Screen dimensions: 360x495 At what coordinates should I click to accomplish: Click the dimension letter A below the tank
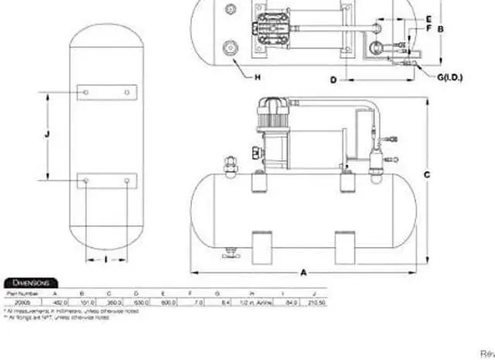tap(303, 273)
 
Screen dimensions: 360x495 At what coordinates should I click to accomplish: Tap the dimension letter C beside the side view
tap(426, 175)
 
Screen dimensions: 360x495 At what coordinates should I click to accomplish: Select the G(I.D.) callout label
tap(449, 78)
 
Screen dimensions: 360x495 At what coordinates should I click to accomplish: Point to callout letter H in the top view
tap(257, 76)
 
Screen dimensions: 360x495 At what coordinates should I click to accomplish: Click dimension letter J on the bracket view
tap(47, 135)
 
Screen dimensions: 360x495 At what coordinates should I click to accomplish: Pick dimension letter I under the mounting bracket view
tap(105, 259)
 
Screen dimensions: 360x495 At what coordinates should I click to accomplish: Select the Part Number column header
tap(21, 293)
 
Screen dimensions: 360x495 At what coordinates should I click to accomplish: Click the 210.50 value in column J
tap(316, 302)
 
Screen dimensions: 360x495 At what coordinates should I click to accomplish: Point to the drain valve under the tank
tap(228, 255)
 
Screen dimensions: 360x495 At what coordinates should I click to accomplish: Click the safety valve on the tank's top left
tap(228, 165)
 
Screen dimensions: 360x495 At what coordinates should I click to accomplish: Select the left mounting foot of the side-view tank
tap(261, 247)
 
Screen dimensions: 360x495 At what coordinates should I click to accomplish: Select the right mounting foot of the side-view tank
tap(346, 247)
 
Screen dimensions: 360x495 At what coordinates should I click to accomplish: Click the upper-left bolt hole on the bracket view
tap(86, 92)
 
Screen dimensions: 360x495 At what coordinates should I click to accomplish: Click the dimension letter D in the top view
tap(333, 80)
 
